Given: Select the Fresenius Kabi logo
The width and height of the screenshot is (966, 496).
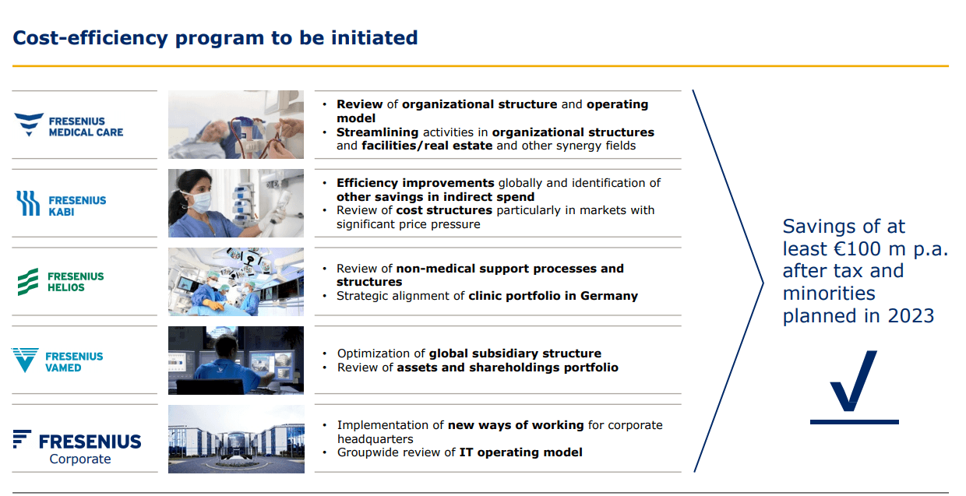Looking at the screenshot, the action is click(62, 204).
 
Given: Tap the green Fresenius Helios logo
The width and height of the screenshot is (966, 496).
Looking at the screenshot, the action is click(61, 282).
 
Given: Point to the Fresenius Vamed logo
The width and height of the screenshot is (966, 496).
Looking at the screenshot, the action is click(58, 361).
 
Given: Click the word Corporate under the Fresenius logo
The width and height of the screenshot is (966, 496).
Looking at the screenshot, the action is click(80, 459).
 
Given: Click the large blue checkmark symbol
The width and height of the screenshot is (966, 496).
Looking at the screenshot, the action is click(854, 387).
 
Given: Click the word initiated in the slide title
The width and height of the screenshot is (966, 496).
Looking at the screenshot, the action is click(374, 37).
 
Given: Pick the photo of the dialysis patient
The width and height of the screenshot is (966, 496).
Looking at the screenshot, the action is click(236, 125).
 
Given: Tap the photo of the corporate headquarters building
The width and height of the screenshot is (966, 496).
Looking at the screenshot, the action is click(236, 439).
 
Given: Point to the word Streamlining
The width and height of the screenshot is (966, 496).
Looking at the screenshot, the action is click(377, 132).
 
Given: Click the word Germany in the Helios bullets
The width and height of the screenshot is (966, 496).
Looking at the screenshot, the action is click(609, 296).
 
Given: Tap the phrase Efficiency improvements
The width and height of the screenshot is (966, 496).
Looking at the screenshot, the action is click(415, 183).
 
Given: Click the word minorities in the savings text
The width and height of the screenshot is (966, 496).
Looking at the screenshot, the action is click(829, 294).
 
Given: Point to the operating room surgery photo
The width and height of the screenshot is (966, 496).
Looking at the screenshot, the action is click(236, 282).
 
